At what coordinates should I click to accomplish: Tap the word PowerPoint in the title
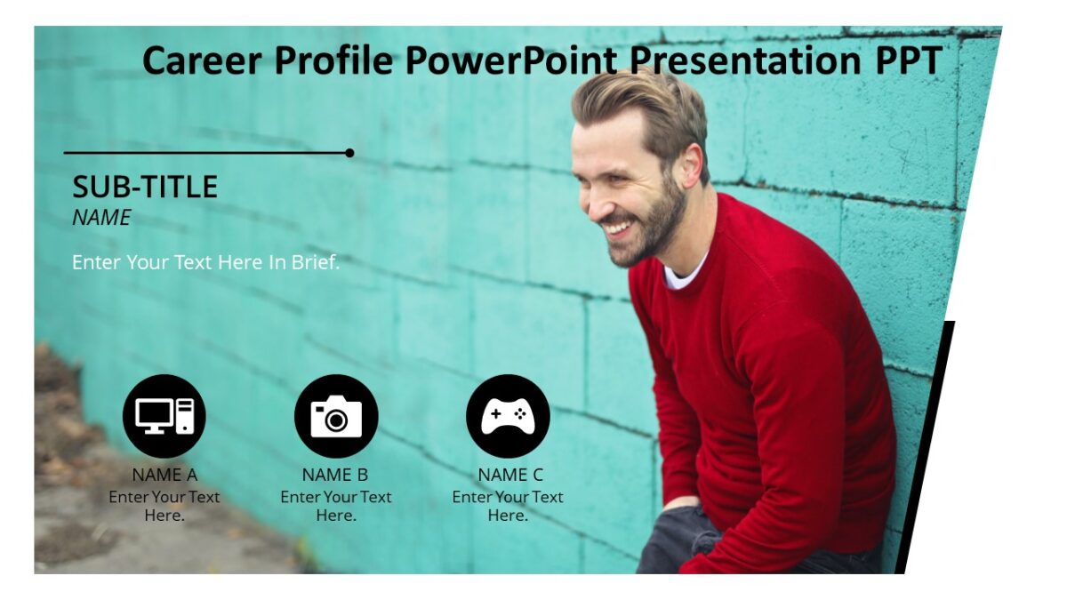pyautogui.click(x=511, y=60)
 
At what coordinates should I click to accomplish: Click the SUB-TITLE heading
pyautogui.click(x=145, y=187)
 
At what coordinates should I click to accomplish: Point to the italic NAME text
pyautogui.click(x=101, y=218)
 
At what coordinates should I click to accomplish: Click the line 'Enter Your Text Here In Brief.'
pyautogui.click(x=205, y=262)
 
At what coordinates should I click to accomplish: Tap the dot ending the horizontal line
pyautogui.click(x=349, y=153)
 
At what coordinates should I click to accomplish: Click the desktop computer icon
pyautogui.click(x=164, y=416)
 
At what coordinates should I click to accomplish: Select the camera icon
pyautogui.click(x=336, y=416)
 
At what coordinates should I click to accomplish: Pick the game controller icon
pyautogui.click(x=508, y=416)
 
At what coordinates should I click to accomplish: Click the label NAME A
pyautogui.click(x=164, y=475)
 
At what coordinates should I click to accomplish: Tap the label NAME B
pyautogui.click(x=335, y=475)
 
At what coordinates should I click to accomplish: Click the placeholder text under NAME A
pyautogui.click(x=164, y=506)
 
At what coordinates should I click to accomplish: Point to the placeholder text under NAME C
pyautogui.click(x=508, y=506)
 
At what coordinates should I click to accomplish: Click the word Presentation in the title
pyautogui.click(x=741, y=60)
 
